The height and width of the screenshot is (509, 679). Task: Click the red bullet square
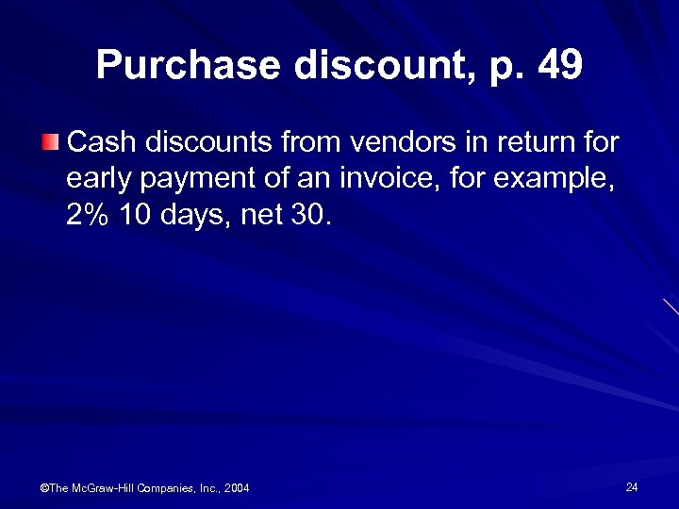tap(52, 143)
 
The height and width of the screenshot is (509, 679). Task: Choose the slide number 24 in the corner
tap(632, 486)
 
